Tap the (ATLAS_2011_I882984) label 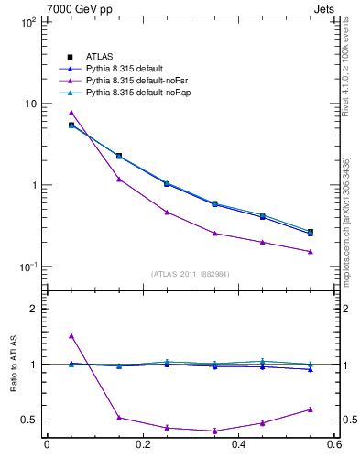[191, 274]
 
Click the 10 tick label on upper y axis [28, 104]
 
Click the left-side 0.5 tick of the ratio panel [29, 420]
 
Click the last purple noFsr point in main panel [310, 251]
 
